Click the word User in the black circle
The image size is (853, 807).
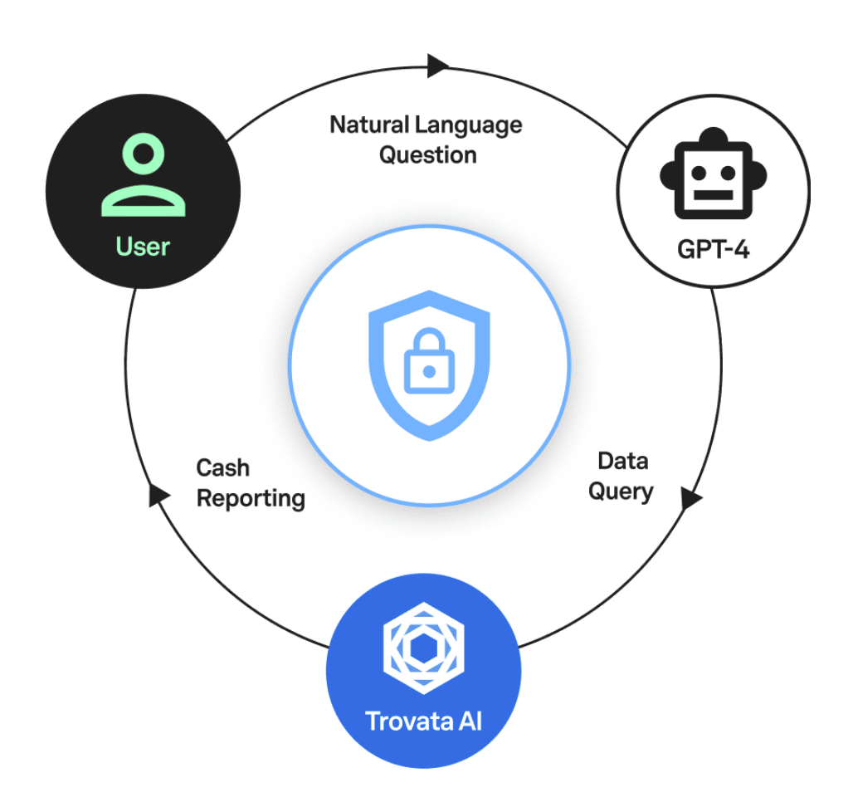pyautogui.click(x=143, y=247)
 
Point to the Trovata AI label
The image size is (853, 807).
pyautogui.click(x=423, y=719)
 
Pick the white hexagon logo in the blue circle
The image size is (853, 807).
pyautogui.click(x=423, y=648)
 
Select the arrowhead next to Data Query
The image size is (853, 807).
pyautogui.click(x=691, y=498)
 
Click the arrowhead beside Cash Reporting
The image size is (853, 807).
pyautogui.click(x=158, y=496)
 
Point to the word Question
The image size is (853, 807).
pyautogui.click(x=428, y=155)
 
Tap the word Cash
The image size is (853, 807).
pyautogui.click(x=222, y=468)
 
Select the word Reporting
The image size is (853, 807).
pyautogui.click(x=251, y=499)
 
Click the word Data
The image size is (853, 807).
pyautogui.click(x=622, y=461)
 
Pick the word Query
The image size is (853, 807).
pyautogui.click(x=621, y=492)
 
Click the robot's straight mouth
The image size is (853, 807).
pyautogui.click(x=713, y=198)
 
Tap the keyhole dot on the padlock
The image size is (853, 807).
pyautogui.click(x=428, y=372)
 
